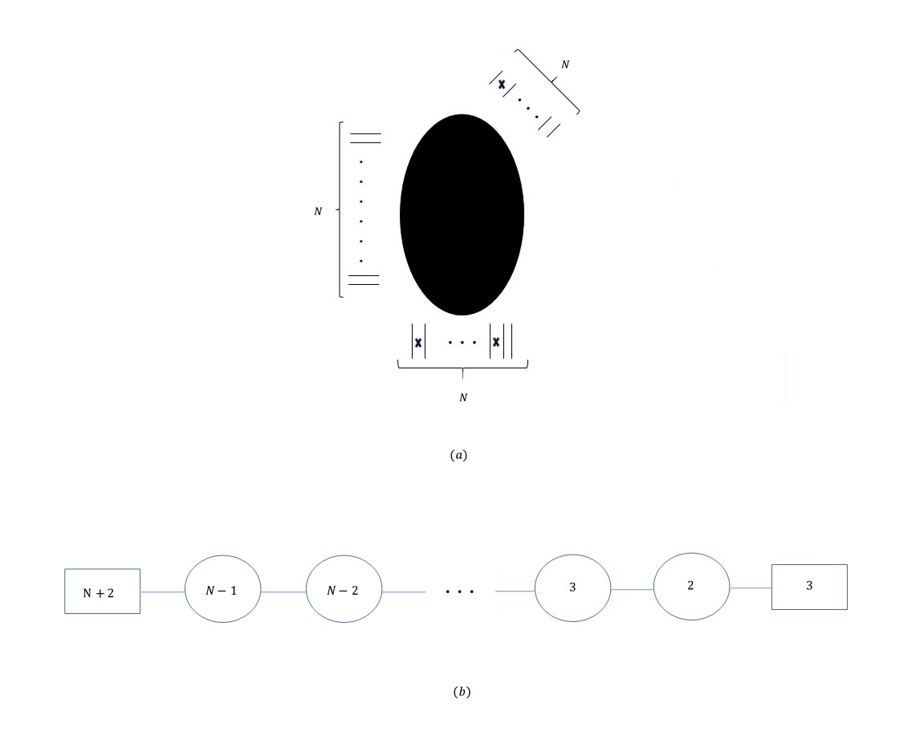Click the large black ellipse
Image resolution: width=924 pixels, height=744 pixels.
[462, 214]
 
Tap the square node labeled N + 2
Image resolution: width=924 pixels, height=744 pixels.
[103, 592]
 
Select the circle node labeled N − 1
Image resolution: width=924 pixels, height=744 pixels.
[222, 588]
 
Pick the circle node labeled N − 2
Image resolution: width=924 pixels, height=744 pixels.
[344, 588]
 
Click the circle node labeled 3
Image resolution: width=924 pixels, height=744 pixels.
[573, 587]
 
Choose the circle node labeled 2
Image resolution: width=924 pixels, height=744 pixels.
[691, 586]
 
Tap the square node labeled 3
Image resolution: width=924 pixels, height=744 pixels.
[810, 587]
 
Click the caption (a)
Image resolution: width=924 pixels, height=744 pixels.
[458, 455]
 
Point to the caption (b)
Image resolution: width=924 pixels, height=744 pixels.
[462, 692]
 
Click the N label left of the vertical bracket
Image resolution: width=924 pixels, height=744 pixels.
[318, 211]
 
